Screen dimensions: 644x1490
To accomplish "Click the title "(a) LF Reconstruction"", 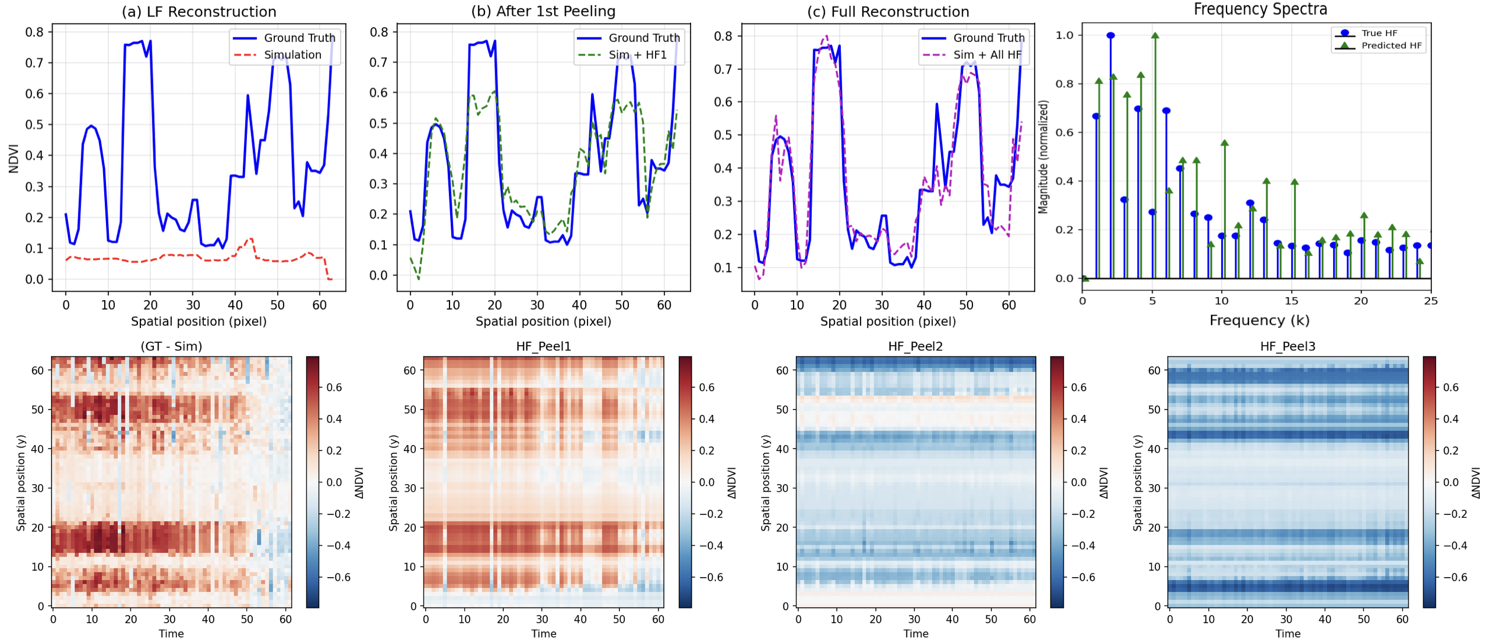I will coord(199,12).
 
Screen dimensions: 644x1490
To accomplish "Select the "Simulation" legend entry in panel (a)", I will coord(293,55).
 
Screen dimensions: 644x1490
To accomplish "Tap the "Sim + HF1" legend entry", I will coord(637,55).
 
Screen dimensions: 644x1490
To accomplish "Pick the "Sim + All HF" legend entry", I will coord(987,55).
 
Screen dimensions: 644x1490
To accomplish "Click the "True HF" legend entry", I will coord(1379,33).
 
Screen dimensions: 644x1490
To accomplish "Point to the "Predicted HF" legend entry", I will coord(1391,46).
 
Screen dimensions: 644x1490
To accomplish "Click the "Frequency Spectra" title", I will coord(1260,9).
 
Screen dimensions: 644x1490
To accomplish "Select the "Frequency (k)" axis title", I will coord(1259,321).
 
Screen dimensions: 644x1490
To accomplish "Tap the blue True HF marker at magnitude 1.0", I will coord(1110,36).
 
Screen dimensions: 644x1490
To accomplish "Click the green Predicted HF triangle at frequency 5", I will coord(1155,36).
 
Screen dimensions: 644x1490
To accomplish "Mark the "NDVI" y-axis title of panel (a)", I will coord(14,158).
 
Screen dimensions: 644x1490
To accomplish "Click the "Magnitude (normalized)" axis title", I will coord(1043,157).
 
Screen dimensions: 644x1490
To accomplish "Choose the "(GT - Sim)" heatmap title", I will coord(171,346).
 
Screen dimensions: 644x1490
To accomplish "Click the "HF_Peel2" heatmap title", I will coord(915,346).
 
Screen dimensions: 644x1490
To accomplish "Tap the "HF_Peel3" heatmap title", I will coord(1287,346).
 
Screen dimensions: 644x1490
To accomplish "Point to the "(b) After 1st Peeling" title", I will coord(543,12).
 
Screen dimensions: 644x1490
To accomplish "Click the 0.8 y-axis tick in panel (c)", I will coord(723,36).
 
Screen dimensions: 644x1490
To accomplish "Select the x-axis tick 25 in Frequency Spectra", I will coord(1430,301).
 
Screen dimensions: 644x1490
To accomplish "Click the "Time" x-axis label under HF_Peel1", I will coord(544,634).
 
